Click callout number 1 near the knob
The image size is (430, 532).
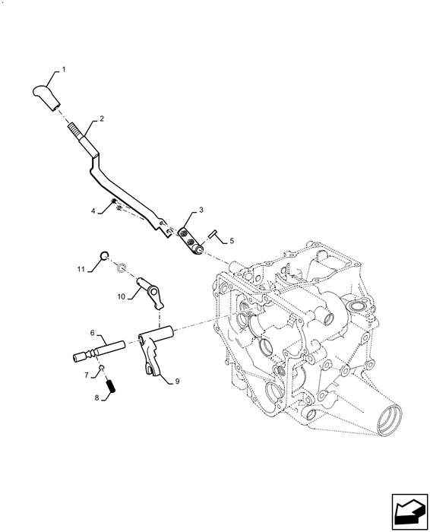tap(64, 70)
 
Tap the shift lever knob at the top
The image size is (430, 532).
tap(47, 98)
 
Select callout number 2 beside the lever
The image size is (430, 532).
tap(100, 120)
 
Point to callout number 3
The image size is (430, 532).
tap(201, 209)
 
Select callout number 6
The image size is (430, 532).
tap(92, 333)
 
